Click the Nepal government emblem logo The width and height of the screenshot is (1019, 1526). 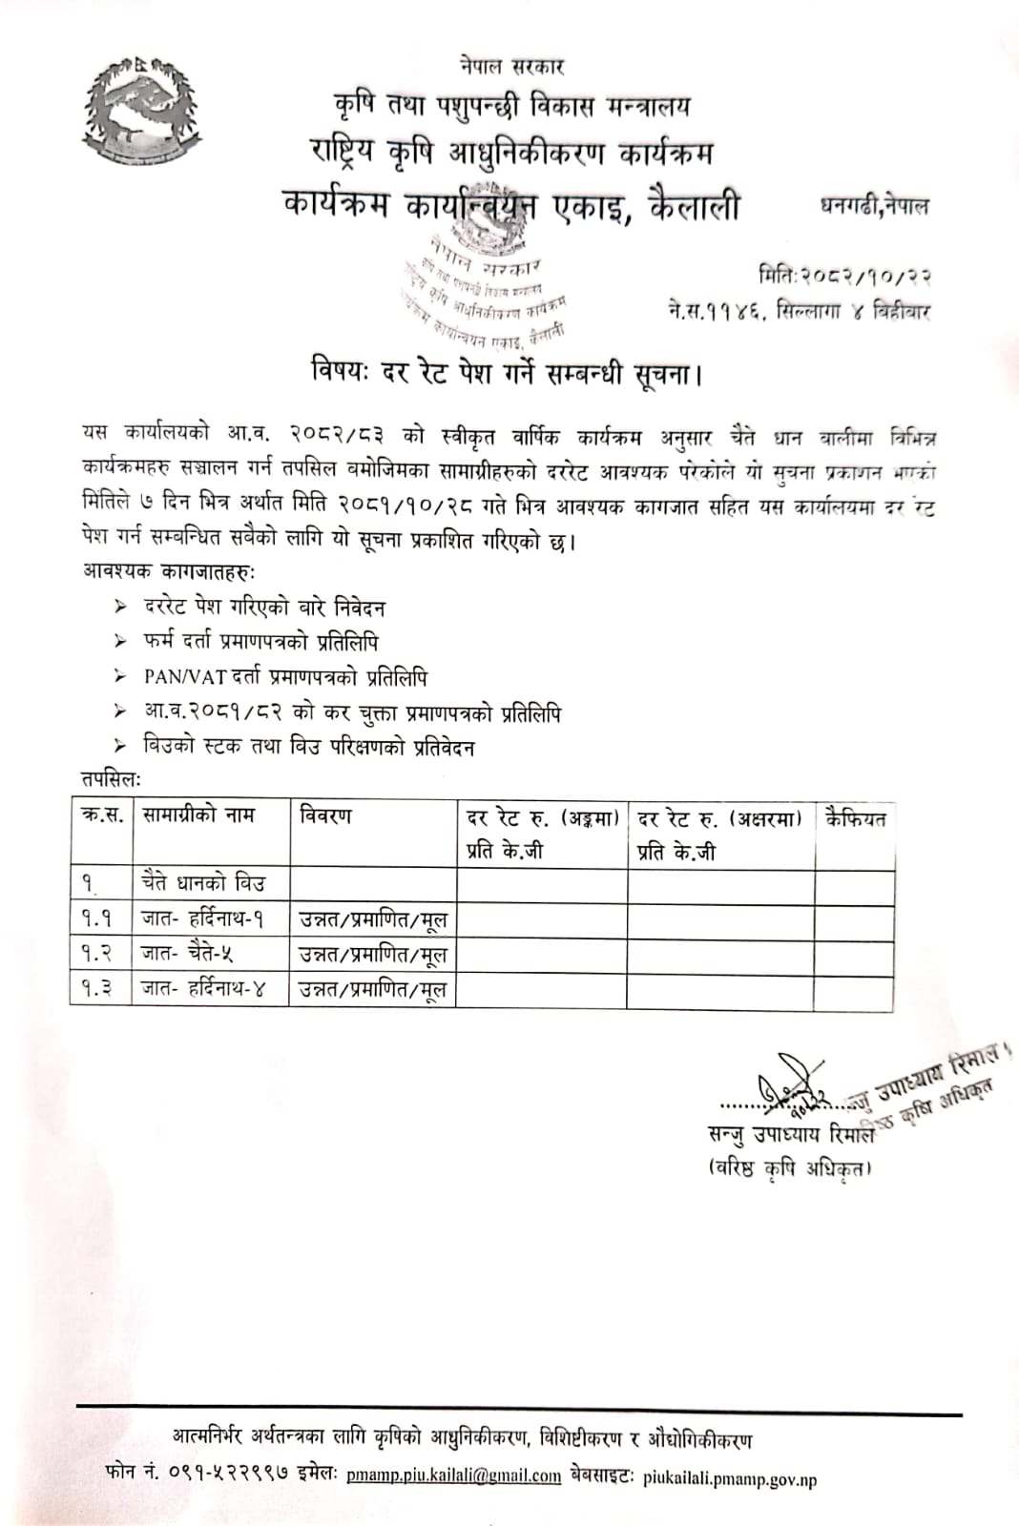144,113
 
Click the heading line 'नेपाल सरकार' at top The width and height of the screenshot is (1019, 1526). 510,67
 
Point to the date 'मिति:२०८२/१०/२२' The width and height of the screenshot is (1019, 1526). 845,277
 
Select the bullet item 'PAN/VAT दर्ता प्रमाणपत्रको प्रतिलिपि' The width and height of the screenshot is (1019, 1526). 285,677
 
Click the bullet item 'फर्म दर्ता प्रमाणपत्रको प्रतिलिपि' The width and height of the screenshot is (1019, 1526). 261,643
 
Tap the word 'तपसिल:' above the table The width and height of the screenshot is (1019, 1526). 111,780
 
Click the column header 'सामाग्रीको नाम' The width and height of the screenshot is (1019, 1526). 198,816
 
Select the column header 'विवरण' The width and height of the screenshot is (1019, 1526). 325,816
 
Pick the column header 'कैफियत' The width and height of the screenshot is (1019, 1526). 856,818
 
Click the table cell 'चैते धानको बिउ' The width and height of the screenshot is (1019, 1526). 202,884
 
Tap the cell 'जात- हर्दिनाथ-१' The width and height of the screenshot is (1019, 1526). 203,919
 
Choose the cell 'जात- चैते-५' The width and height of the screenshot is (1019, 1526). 188,954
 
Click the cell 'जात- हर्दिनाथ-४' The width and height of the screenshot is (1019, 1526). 203,989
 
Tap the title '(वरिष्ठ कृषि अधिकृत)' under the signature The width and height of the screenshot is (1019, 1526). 789,1169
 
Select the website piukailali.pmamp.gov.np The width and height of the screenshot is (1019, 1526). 730,1479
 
